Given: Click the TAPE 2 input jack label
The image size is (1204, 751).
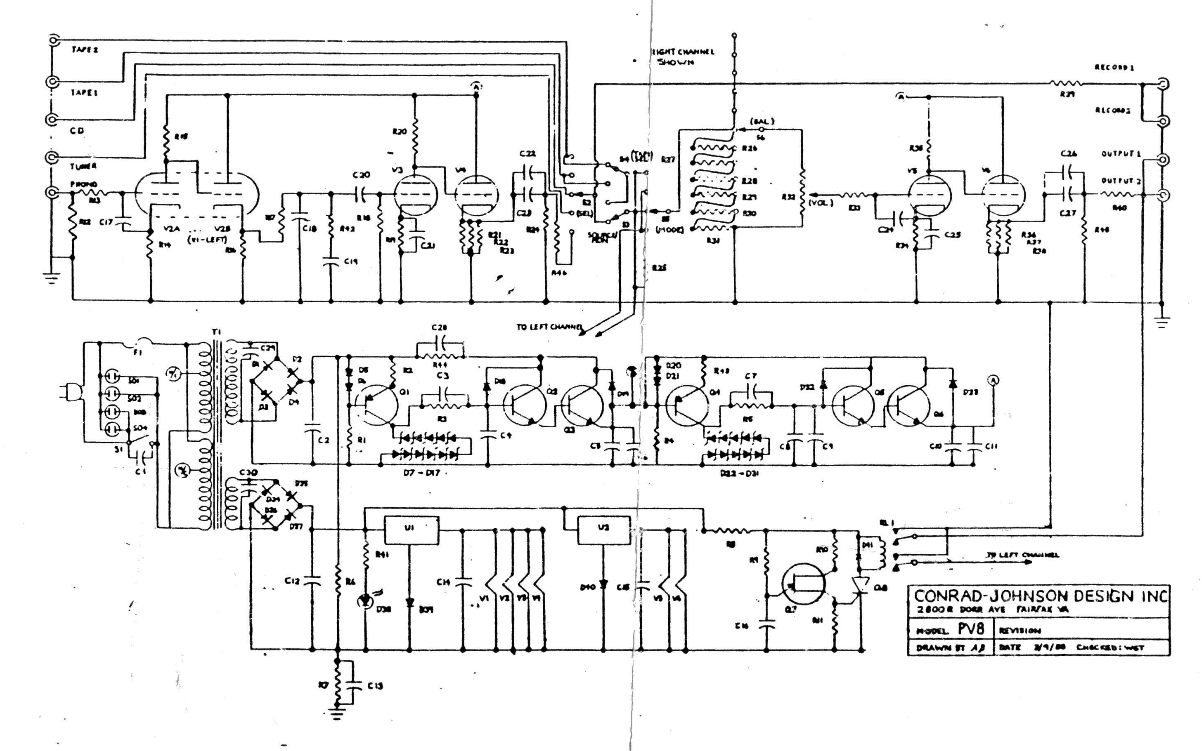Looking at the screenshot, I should pyautogui.click(x=85, y=49).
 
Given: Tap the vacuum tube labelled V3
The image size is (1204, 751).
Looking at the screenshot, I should pyautogui.click(x=416, y=195).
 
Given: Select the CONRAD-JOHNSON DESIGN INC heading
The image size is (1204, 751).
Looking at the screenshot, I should pyautogui.click(x=1041, y=596).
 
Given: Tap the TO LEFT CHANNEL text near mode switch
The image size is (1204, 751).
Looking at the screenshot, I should pyautogui.click(x=549, y=327).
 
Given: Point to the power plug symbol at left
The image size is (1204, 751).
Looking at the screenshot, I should pyautogui.click(x=68, y=392).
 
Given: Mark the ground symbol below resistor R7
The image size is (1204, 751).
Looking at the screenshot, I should pyautogui.click(x=338, y=714).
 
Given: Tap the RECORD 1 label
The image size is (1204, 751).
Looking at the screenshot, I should pyautogui.click(x=1114, y=68).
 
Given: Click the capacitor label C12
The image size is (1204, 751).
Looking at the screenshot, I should pyautogui.click(x=292, y=580).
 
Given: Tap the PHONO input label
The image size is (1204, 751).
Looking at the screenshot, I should pyautogui.click(x=83, y=184).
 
